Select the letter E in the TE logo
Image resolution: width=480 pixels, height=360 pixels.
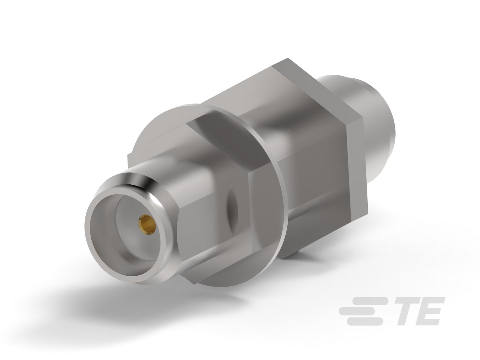(x=431, y=311)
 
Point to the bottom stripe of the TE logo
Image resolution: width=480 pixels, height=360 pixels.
(x=364, y=321)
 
